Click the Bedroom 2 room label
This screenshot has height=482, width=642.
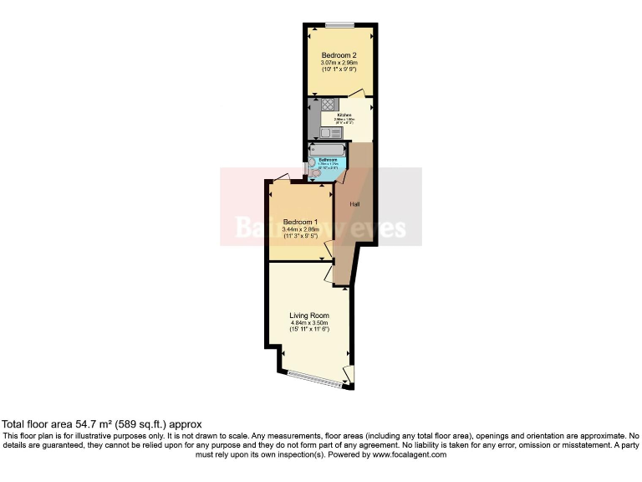339,55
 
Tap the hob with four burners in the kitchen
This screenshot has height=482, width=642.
327,106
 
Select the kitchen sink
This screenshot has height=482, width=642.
331,132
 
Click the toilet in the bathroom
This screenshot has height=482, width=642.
316,173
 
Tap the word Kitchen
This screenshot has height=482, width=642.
344,115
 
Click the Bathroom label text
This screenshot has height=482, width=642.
329,159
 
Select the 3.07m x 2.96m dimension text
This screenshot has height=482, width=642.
339,63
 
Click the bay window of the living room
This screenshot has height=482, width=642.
315,377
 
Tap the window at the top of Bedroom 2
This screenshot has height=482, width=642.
339,23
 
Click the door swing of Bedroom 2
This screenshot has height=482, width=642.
357,92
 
